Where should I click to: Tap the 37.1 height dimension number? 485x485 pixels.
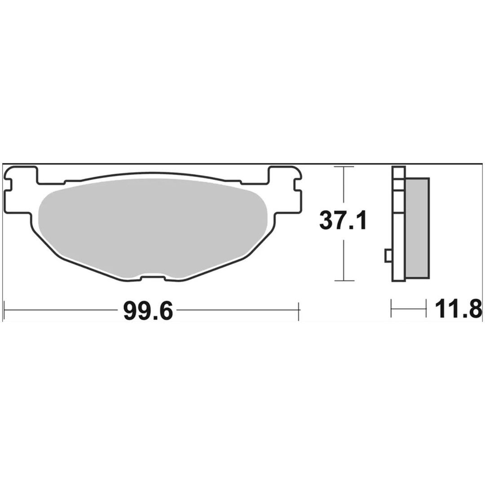click(x=343, y=220)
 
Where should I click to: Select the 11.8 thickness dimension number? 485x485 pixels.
click(x=459, y=309)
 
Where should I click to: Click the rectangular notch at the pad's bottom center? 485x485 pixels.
click(x=153, y=278)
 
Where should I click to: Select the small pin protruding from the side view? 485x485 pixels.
click(x=388, y=256)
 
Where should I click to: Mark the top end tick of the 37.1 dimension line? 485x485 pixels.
click(x=344, y=167)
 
